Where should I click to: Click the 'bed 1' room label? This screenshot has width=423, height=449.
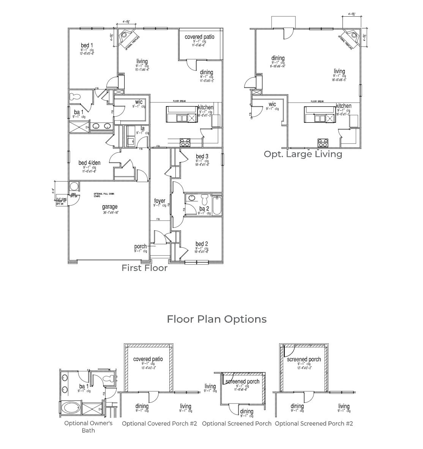[x=87, y=45]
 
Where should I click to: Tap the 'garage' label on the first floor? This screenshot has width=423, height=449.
[x=109, y=207]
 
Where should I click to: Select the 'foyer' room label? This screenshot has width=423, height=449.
[x=159, y=201]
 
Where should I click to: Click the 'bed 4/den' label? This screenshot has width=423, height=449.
[x=89, y=163]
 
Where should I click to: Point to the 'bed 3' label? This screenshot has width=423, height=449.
[x=202, y=156]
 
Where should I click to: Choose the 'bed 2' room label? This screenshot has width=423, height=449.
[x=202, y=244]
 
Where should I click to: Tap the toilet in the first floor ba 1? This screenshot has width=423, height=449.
[x=75, y=97]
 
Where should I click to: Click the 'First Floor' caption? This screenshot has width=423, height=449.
[x=144, y=268]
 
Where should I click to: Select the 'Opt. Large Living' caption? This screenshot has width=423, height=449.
[x=303, y=154]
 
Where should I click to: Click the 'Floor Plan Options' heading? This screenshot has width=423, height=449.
[x=216, y=319]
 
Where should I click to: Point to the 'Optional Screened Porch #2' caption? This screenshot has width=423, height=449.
[x=314, y=424]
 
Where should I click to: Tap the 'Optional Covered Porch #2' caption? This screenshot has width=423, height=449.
[x=159, y=424]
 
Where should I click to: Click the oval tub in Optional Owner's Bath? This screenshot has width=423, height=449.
[x=71, y=408]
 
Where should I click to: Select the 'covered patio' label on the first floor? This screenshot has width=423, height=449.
[x=199, y=37]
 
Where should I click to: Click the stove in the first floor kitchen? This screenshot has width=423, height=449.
[x=185, y=142]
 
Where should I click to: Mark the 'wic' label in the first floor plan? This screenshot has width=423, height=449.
[x=139, y=102]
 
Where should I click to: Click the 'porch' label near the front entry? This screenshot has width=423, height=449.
[x=140, y=247]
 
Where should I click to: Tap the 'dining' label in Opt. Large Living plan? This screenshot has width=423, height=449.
[x=278, y=58]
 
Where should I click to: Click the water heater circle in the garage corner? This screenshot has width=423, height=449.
[x=74, y=186]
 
